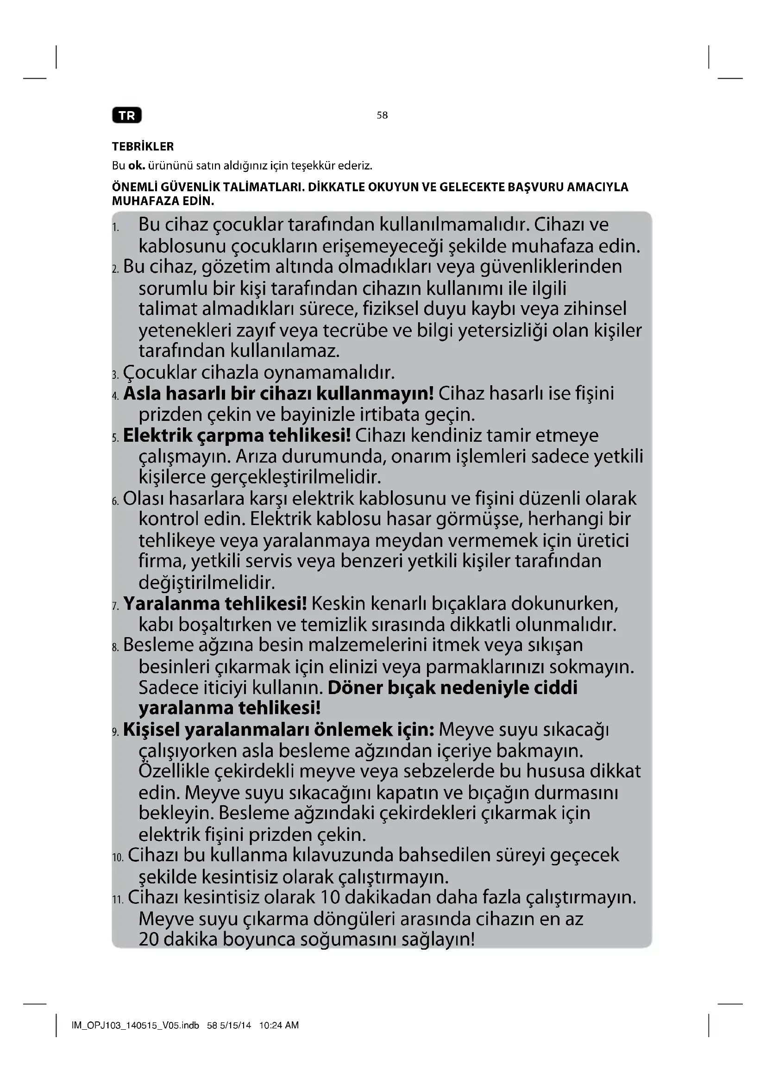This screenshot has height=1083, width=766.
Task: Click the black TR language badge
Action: (x=127, y=116)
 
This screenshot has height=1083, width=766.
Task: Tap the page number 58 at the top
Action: (x=382, y=115)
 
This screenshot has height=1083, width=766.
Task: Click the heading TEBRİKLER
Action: (x=143, y=147)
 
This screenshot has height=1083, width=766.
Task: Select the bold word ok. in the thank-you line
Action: (x=136, y=166)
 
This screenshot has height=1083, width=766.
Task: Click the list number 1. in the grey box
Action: (x=116, y=228)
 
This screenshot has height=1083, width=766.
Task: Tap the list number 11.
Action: (x=118, y=900)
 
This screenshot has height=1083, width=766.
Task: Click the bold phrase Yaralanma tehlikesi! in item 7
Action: (x=215, y=603)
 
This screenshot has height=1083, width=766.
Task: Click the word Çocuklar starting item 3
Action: (x=159, y=373)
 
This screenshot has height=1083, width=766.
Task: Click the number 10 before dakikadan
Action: (x=330, y=897)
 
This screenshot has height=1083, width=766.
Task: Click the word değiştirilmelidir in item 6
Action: (x=207, y=582)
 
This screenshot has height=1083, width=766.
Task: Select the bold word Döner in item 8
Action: (x=354, y=688)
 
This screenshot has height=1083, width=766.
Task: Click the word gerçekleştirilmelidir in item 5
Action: (x=259, y=477)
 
